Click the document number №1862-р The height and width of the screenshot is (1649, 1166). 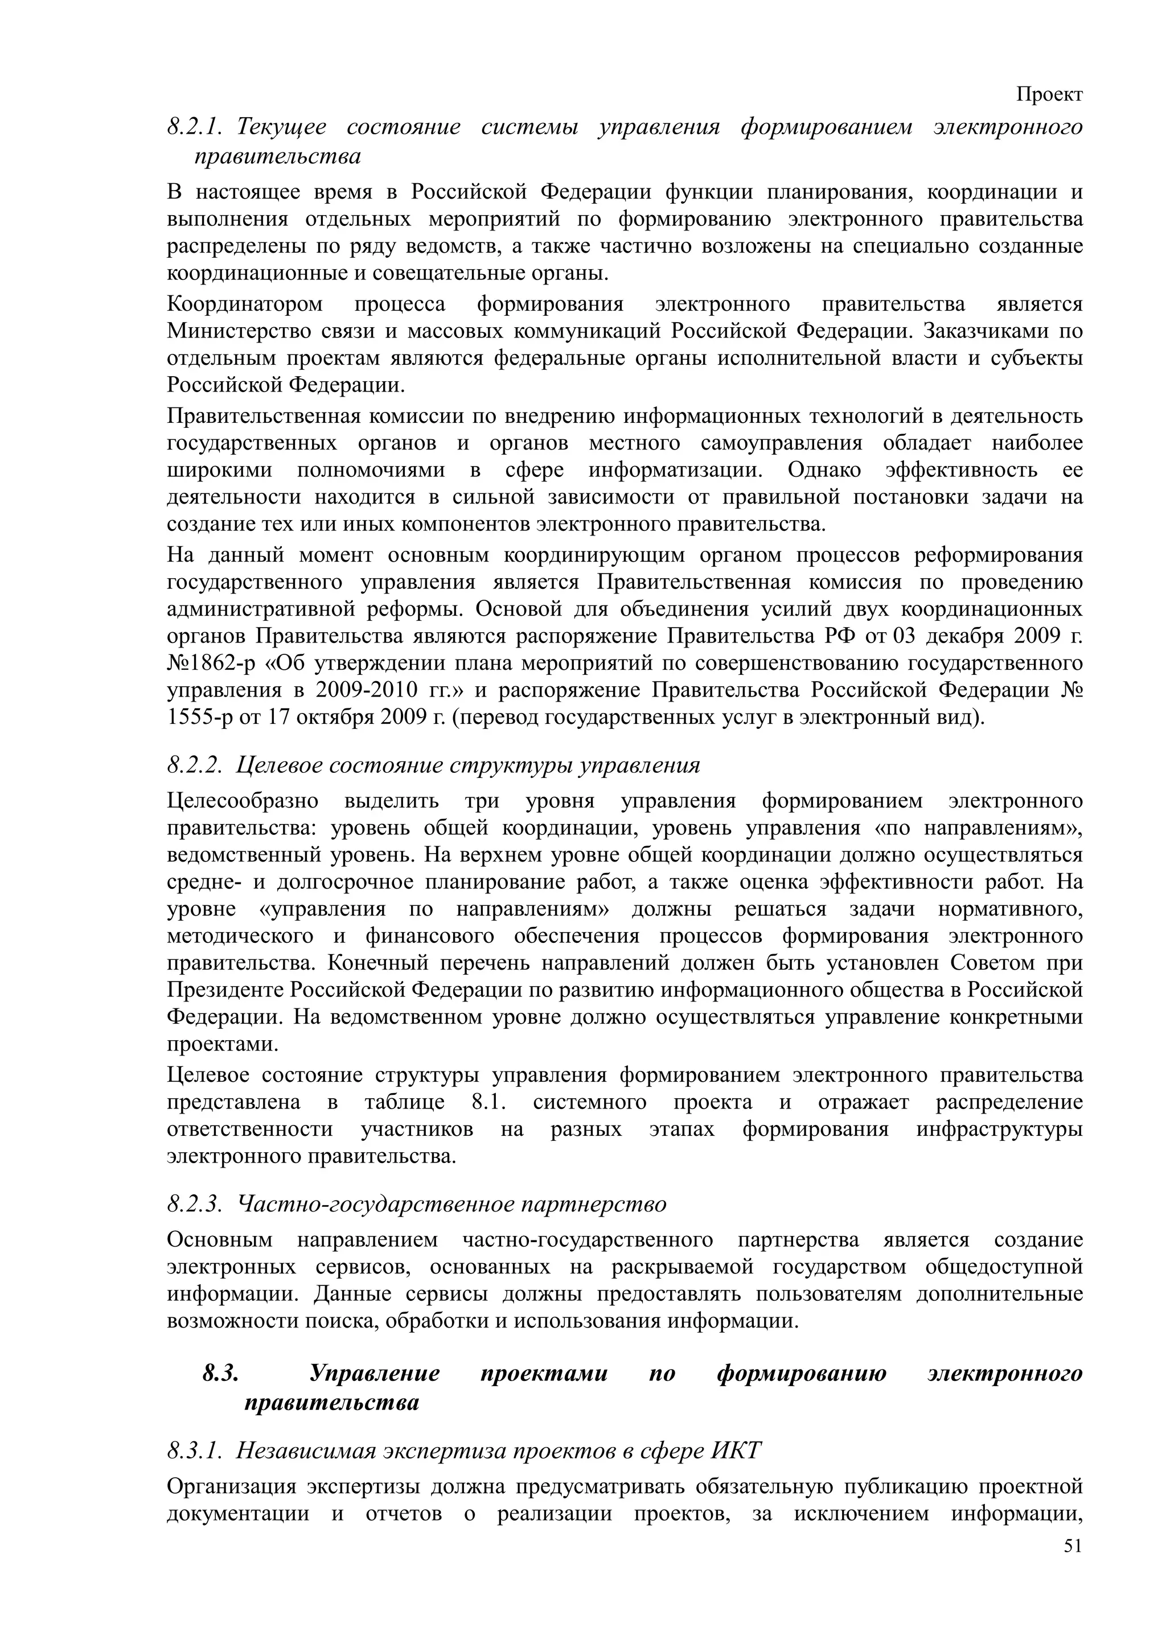coord(209,663)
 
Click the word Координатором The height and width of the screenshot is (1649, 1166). coord(244,304)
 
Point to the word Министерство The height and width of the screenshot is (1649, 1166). coord(233,331)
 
